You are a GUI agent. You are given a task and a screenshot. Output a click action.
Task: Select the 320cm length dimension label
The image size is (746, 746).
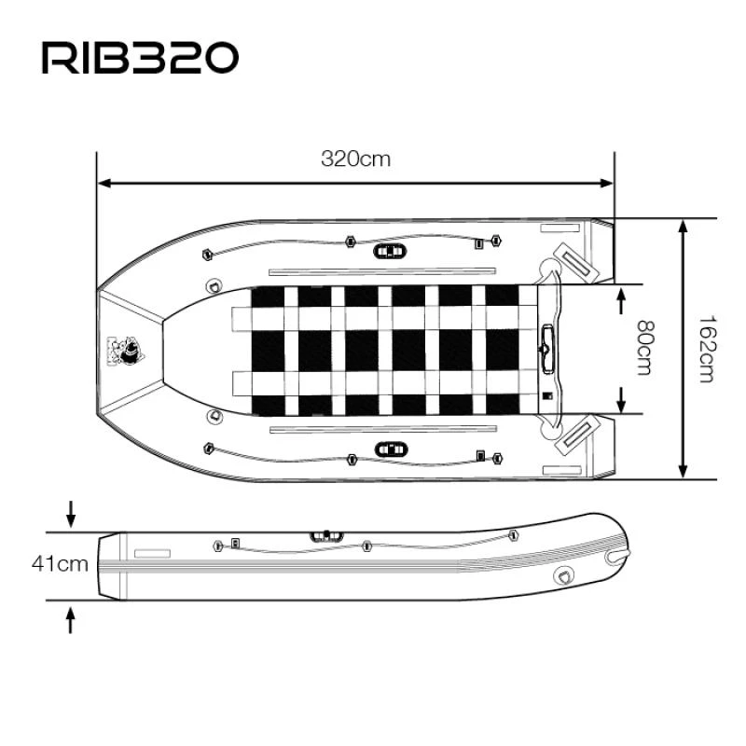coord(355,159)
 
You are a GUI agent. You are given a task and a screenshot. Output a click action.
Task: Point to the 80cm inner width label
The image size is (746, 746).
coord(642,349)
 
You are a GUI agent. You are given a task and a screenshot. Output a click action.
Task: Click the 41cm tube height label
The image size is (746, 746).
coord(60,563)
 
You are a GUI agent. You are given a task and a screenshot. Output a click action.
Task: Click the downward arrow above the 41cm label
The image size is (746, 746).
coord(71,513)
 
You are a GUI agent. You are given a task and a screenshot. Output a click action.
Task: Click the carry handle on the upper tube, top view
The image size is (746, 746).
coord(390,251)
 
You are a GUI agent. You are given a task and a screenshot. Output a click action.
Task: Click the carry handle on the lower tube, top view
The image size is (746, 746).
coord(390,449)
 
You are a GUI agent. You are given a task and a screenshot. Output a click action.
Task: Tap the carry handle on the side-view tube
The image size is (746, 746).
coord(326,536)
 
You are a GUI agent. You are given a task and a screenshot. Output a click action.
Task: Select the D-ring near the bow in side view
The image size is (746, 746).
coord(565,576)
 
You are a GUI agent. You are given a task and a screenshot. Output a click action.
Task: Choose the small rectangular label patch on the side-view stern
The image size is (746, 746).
coord(152,553)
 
